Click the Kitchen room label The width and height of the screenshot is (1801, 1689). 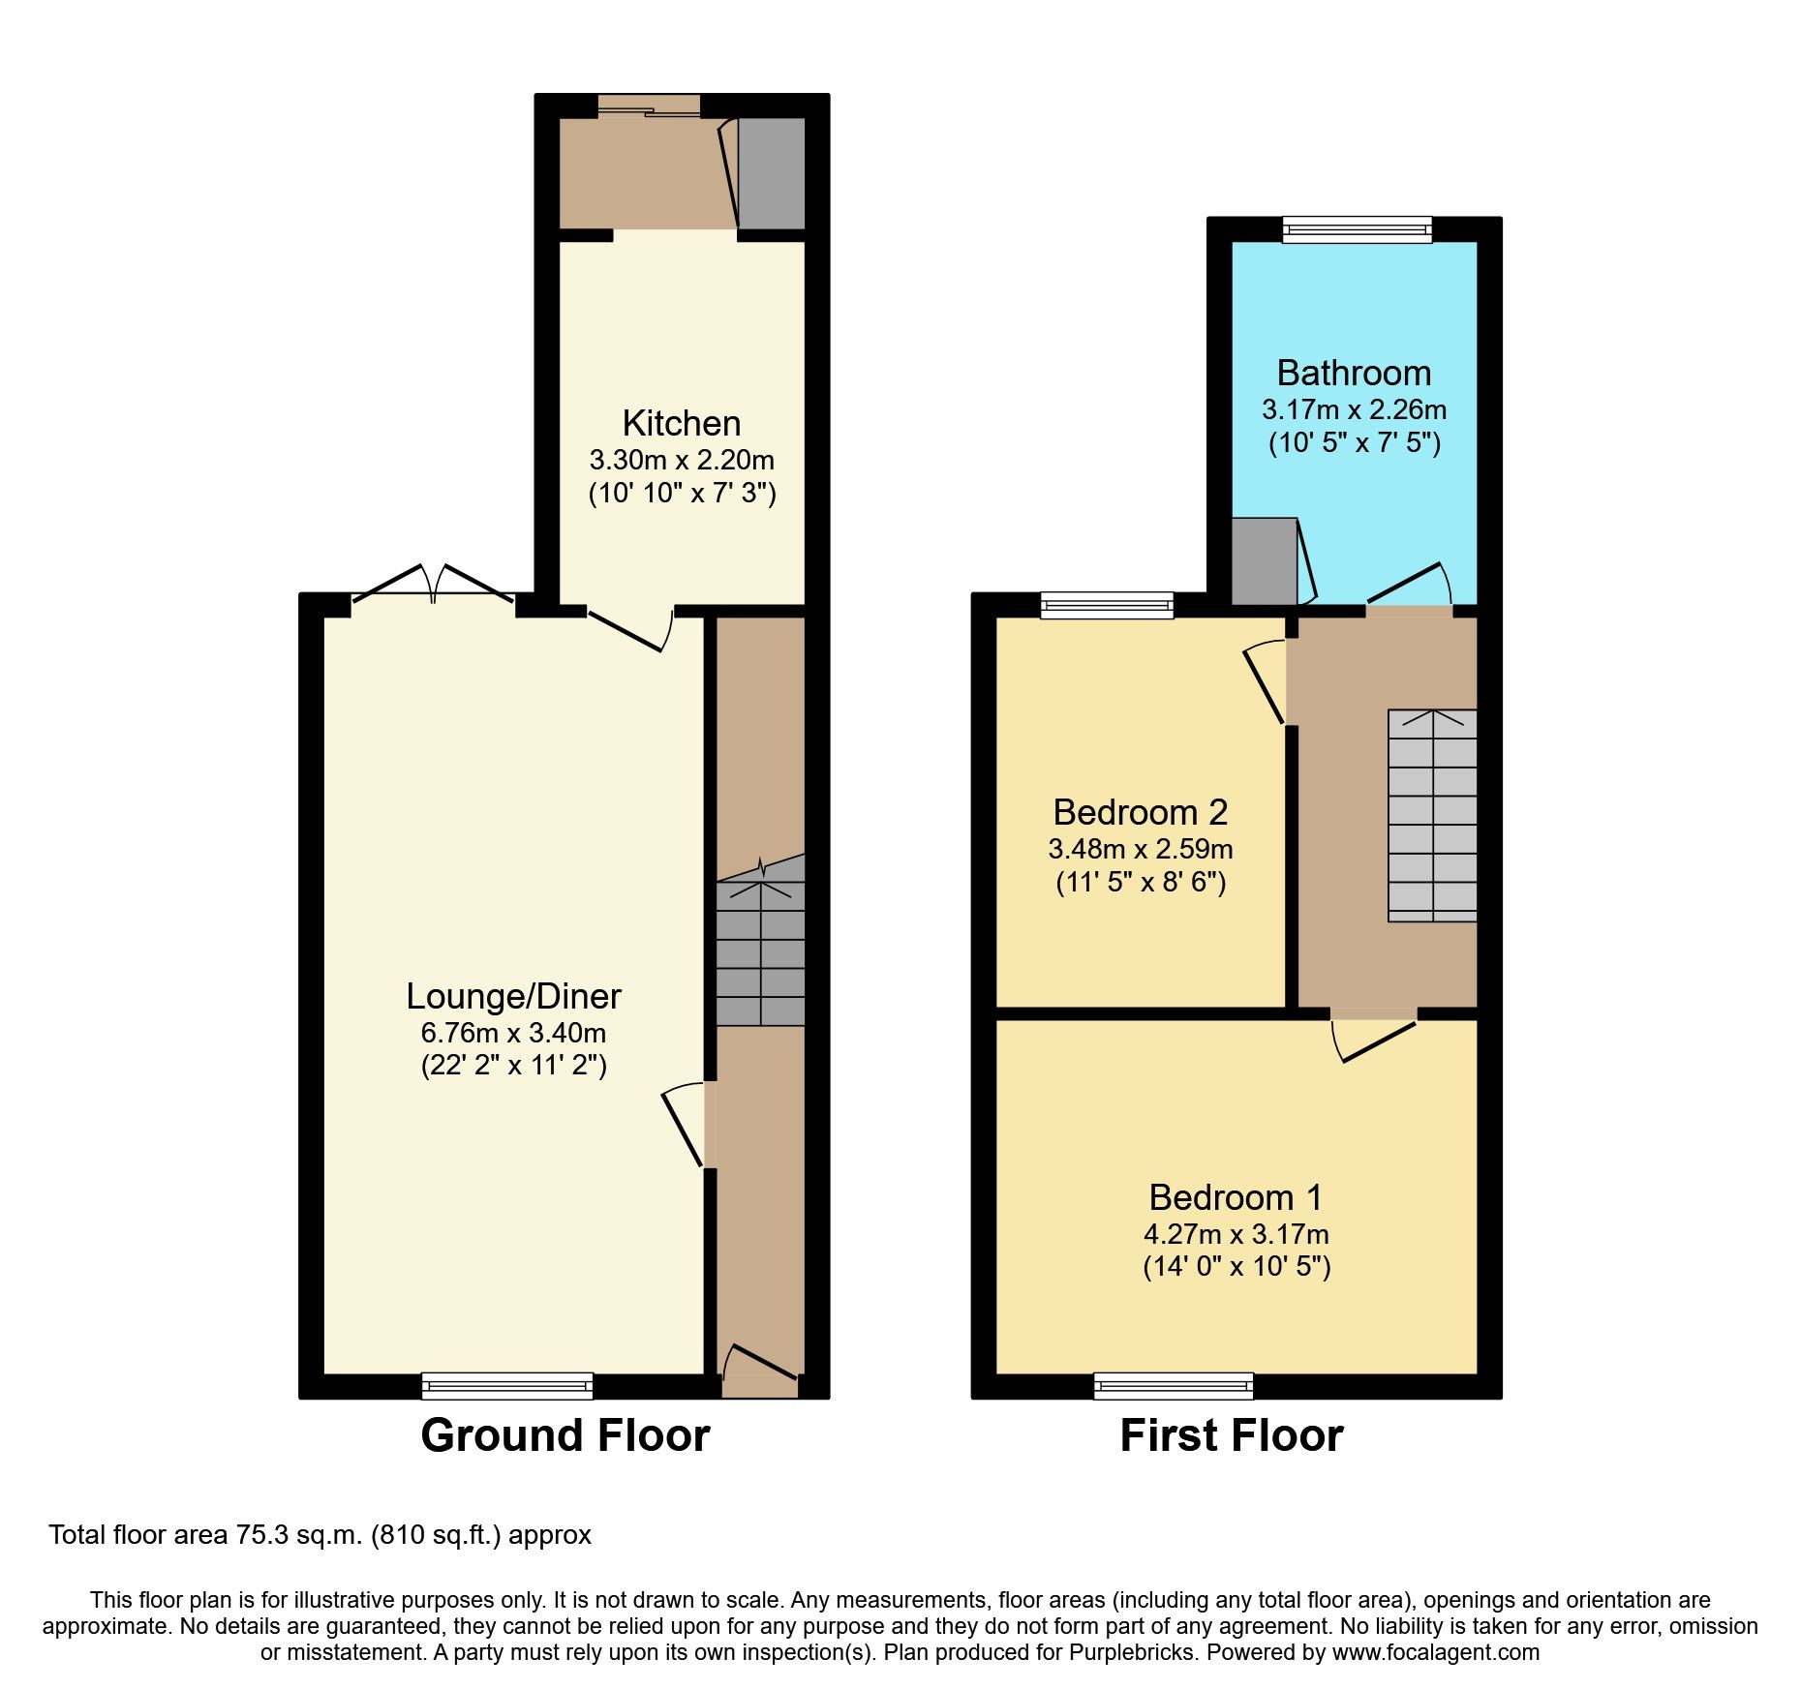point(682,424)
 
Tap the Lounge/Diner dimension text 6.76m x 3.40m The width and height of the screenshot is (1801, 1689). point(513,1033)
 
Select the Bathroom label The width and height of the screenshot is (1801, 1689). point(1354,374)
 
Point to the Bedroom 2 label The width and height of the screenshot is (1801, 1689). point(1141,812)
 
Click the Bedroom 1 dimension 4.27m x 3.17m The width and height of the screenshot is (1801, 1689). point(1236,1234)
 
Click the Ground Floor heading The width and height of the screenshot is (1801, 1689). point(565,1435)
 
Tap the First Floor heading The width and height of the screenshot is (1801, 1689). point(1232,1435)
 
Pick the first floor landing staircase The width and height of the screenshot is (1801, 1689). point(1433,816)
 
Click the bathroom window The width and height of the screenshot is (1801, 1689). point(1357,229)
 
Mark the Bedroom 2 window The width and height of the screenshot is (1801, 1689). point(1107,607)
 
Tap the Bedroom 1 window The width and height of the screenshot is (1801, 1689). point(1174,1386)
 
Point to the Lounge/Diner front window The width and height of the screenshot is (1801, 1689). point(507,1386)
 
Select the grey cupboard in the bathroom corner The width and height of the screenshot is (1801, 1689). point(1264,561)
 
